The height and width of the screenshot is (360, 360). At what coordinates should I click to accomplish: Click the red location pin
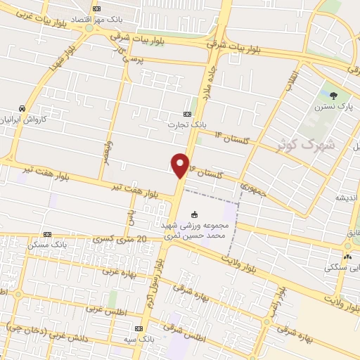pos(181,165)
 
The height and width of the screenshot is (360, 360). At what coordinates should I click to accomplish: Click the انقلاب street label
pos(290,79)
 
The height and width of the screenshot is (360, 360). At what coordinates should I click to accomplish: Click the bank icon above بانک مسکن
pos(47,234)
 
